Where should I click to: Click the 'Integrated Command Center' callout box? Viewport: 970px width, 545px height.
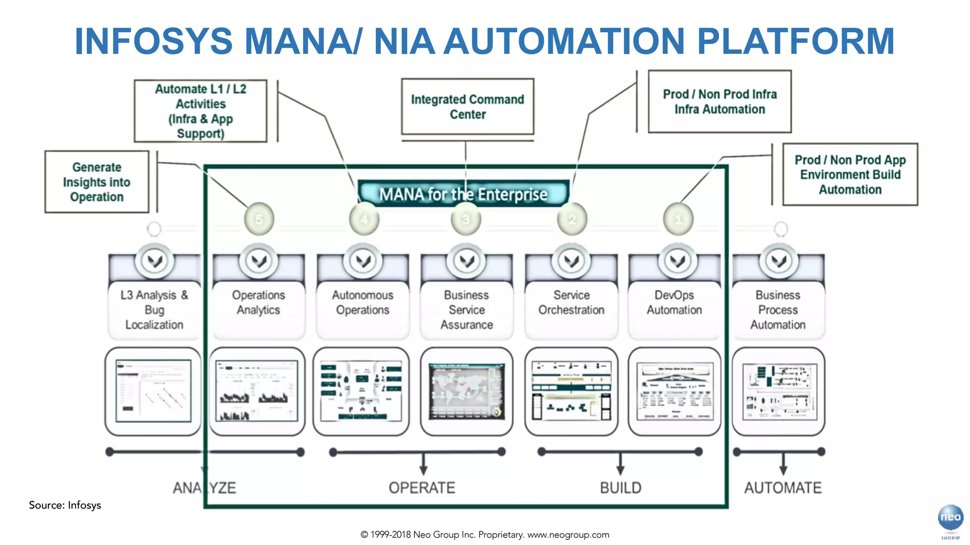[x=467, y=107]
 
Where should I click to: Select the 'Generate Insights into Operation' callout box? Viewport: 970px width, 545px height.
[x=97, y=182]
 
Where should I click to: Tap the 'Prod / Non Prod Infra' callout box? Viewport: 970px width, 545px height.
[x=719, y=102]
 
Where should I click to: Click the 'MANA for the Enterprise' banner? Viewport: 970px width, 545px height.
[x=463, y=194]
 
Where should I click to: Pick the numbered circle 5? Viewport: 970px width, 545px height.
[x=259, y=219]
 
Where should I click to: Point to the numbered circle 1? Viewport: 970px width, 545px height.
[x=678, y=219]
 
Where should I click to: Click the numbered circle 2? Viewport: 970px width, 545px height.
[x=572, y=219]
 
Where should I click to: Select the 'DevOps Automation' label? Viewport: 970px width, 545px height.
[x=674, y=303]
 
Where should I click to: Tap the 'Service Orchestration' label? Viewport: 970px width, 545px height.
[x=571, y=303]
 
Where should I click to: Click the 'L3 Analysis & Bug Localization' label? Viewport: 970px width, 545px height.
[x=154, y=310]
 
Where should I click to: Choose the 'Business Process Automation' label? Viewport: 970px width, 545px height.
[x=778, y=310]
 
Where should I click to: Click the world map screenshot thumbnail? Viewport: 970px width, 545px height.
[x=467, y=392]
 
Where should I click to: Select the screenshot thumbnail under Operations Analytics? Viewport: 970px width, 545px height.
[x=257, y=392]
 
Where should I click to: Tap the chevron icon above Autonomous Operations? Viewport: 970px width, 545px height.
[x=363, y=261]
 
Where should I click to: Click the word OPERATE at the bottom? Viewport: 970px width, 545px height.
[x=422, y=488]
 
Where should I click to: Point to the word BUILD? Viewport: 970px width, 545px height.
[x=620, y=488]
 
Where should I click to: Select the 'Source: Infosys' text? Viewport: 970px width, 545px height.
[x=65, y=505]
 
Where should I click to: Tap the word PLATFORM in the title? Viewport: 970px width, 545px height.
[x=796, y=42]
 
